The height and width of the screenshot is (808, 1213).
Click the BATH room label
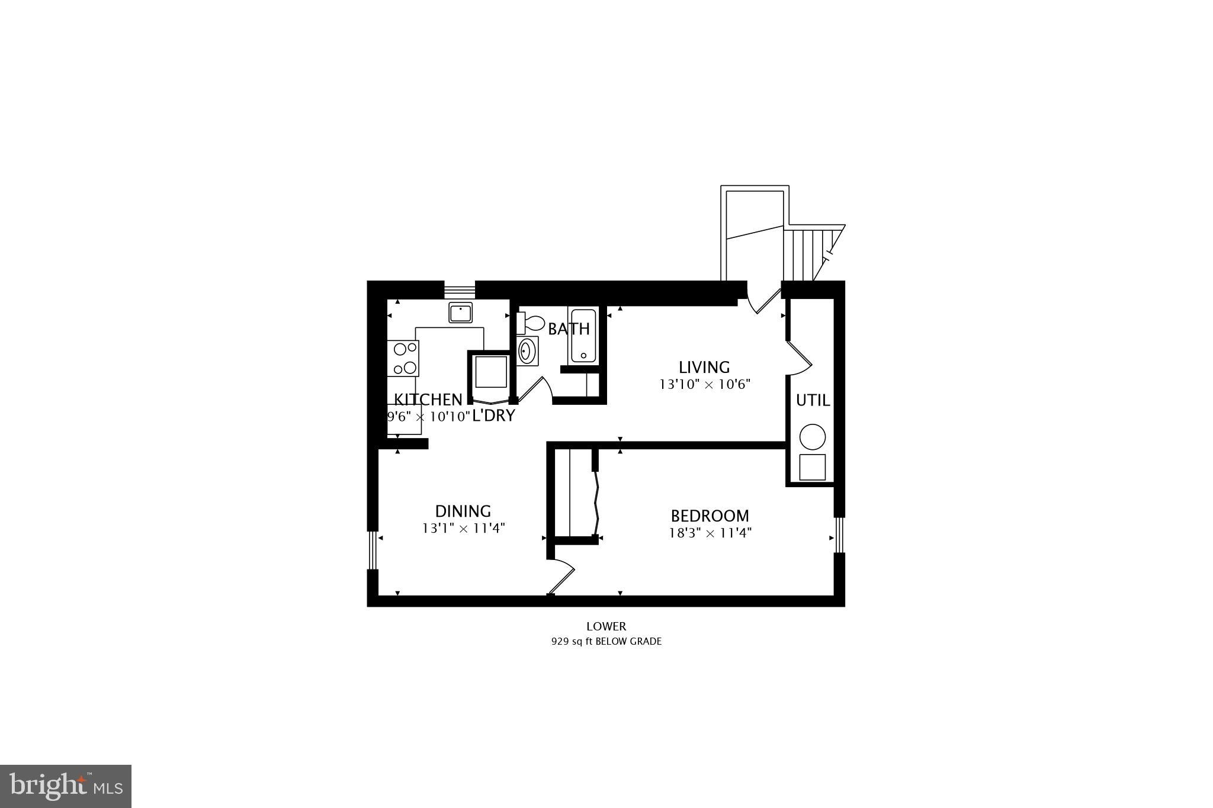click(569, 329)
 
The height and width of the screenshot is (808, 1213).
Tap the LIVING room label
click(704, 367)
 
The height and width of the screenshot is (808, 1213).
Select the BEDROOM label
click(710, 516)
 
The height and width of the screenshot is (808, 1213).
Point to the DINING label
click(463, 511)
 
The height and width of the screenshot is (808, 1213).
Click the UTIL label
click(813, 401)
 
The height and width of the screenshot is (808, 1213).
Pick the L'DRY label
click(493, 416)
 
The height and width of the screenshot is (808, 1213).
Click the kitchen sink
click(460, 312)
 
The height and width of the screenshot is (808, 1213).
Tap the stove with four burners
click(403, 358)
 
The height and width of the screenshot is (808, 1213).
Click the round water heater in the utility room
click(812, 437)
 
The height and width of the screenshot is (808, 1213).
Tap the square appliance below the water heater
click(812, 467)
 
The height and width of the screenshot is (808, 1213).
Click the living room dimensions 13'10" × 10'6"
click(705, 385)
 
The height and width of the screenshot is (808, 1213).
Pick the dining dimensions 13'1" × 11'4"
click(463, 528)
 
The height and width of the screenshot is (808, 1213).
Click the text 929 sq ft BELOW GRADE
click(606, 641)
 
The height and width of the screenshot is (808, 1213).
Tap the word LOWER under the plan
click(606, 626)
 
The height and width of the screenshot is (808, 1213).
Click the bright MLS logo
click(66, 786)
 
